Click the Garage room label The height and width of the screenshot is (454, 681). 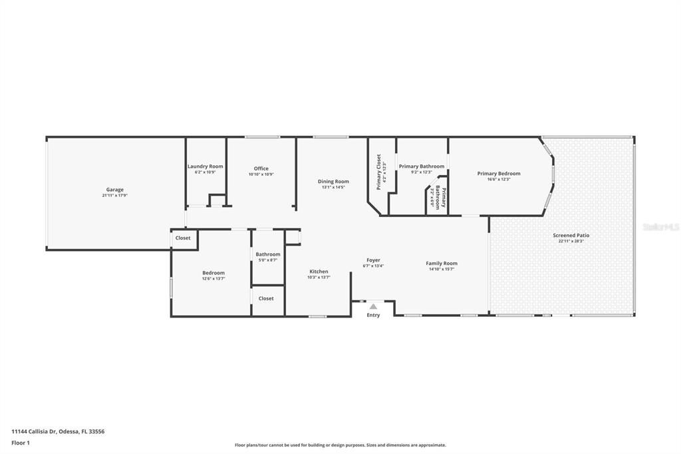pos(114,190)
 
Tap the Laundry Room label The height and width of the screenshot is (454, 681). pos(205,166)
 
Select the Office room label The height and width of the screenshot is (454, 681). pos(261,168)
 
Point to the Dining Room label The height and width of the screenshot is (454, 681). pos(333,181)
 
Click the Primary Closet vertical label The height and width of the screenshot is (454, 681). pos(379,172)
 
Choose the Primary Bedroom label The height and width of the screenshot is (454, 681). pos(499,173)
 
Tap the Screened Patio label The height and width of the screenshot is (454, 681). pos(571,235)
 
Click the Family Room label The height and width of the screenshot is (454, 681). pos(442,263)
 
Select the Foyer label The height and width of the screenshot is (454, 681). pos(373,260)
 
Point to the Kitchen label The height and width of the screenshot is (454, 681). pos(319,271)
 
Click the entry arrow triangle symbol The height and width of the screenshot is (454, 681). pos(373,306)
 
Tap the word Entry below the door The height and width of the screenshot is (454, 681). pos(373,315)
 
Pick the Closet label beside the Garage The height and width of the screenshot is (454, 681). pos(183,238)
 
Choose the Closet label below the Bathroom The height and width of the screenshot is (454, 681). pos(266,298)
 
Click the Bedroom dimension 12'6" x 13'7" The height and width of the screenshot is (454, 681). pos(213,278)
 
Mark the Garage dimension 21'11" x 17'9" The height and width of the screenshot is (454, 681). pos(114,196)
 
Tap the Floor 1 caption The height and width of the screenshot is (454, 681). pos(21,443)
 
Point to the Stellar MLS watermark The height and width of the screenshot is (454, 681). pos(661,227)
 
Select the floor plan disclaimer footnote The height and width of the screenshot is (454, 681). pos(340,445)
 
